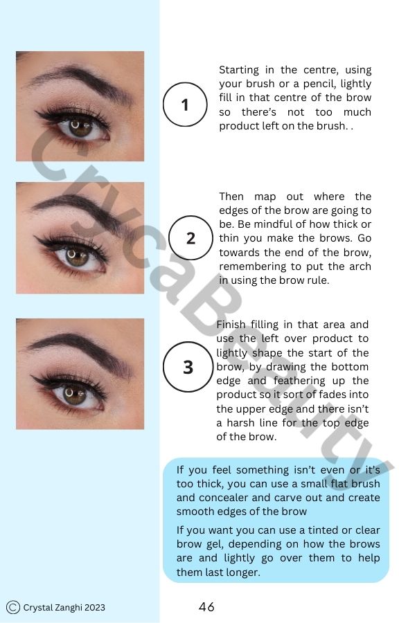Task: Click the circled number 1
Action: coord(185,105)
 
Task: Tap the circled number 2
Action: coord(190,238)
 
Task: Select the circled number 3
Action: coord(187,367)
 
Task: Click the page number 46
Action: coord(206,607)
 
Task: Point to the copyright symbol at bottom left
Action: coord(12,607)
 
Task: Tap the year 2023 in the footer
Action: coord(96,608)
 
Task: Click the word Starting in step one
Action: coord(239,70)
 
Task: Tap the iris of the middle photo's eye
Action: coord(77,257)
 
